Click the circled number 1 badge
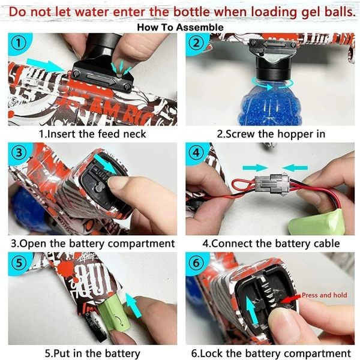19,43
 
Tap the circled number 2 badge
196,43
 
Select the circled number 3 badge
19,152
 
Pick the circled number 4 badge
196,152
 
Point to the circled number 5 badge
19,262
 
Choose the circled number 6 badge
196,262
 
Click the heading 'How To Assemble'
180,28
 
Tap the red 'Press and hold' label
324,295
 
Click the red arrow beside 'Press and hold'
290,299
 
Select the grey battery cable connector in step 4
272,183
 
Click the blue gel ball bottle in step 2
271,103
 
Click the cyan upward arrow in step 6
252,310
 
